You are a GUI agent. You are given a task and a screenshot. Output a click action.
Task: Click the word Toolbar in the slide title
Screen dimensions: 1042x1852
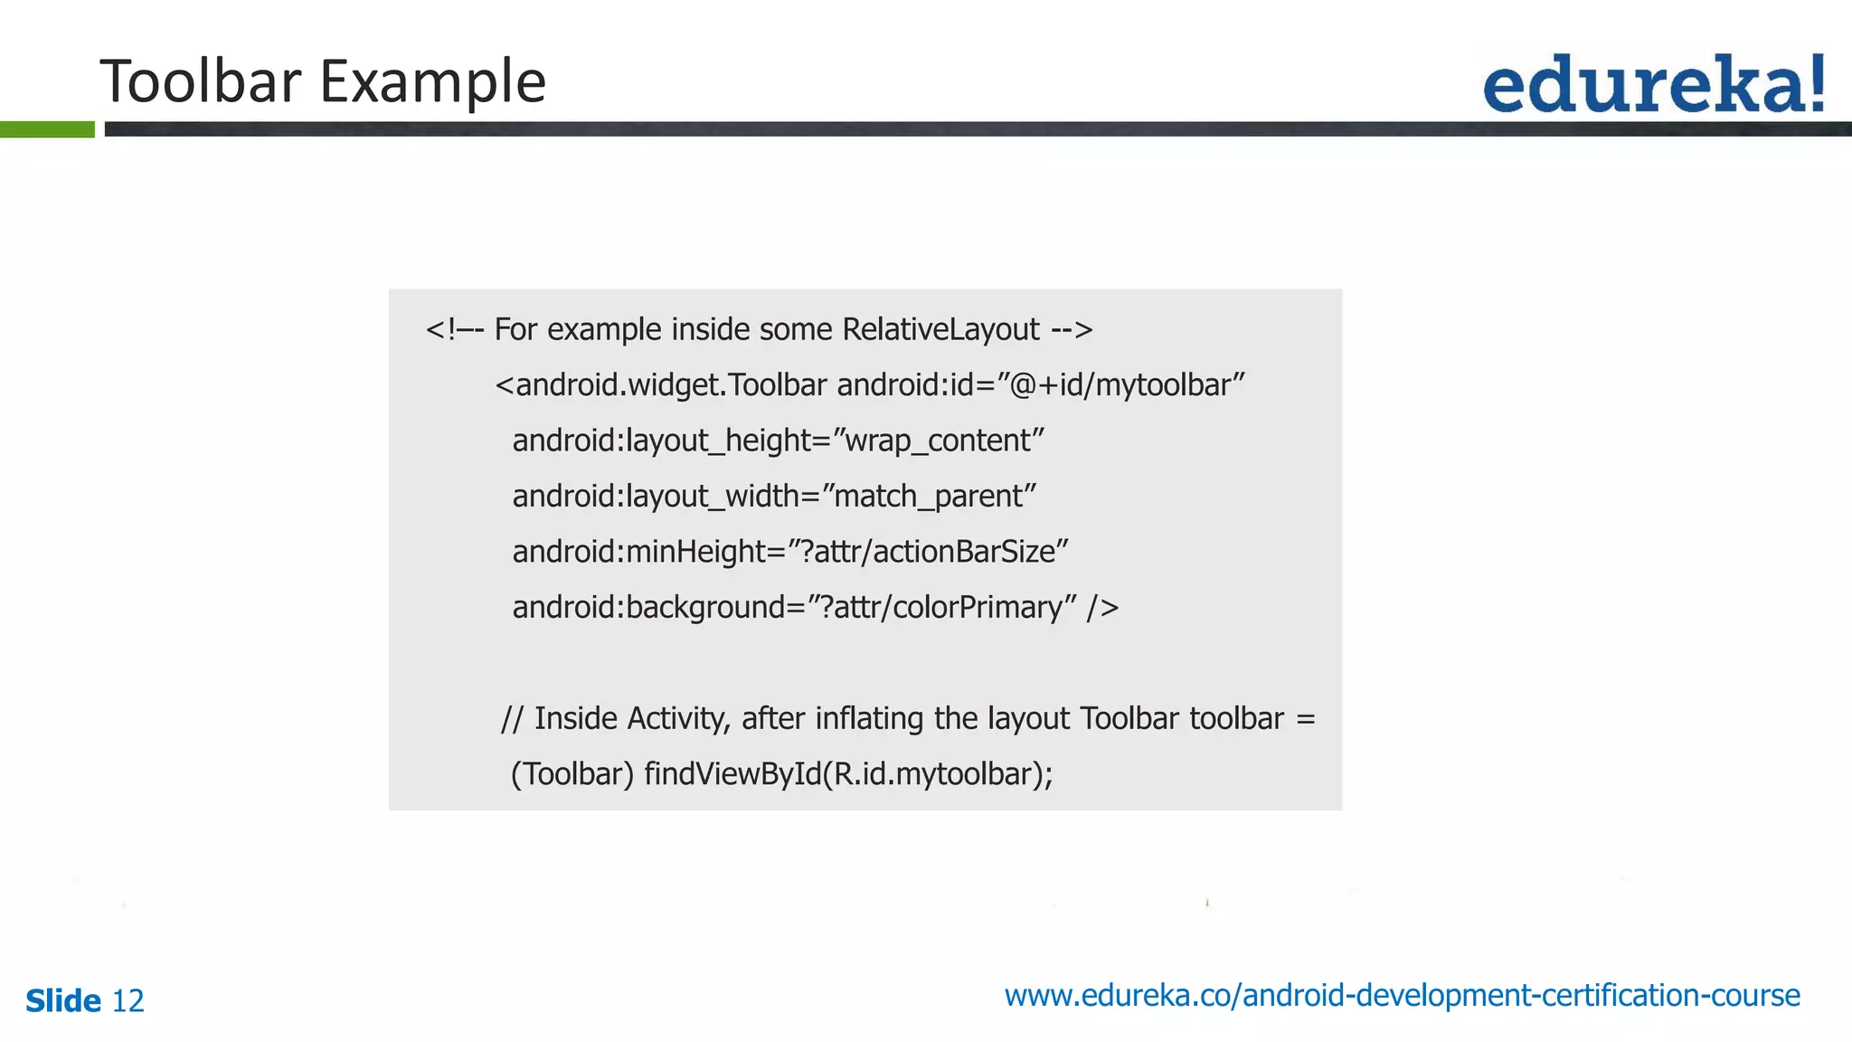pos(200,81)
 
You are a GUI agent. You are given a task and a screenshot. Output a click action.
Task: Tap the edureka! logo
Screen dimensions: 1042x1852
pos(1654,83)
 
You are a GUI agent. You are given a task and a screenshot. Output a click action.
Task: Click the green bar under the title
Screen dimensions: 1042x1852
pos(47,129)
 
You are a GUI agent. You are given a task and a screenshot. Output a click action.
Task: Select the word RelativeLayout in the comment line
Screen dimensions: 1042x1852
pos(940,329)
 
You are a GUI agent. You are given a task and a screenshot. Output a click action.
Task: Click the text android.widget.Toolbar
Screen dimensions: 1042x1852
pos(661,385)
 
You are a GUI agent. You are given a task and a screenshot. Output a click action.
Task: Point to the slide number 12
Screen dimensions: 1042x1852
pos(128,1001)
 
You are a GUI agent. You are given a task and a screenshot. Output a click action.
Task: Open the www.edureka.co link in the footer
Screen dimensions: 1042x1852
pos(1402,996)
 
